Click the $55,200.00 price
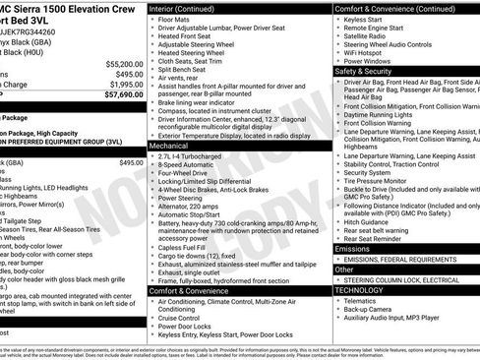(117, 62)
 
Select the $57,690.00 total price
(117, 95)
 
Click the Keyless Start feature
(367, 18)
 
